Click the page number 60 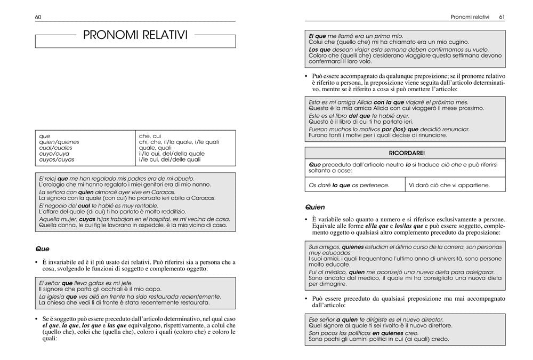(38, 17)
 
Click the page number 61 (502, 17)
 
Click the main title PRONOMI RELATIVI (135, 35)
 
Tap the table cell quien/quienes (59, 142)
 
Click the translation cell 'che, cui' (150, 136)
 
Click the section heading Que (42, 248)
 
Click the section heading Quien (315, 206)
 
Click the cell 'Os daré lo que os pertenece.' (349, 186)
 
